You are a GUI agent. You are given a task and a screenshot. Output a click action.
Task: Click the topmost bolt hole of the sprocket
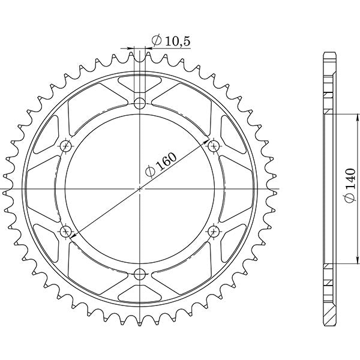coord(140,103)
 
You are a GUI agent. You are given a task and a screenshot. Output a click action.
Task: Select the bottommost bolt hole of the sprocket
coord(140,275)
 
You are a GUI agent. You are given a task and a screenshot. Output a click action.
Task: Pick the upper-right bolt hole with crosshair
coord(214,146)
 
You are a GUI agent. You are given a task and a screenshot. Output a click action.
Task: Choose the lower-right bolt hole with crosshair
coord(214,232)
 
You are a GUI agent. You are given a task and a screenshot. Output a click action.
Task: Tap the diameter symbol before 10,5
coord(155,41)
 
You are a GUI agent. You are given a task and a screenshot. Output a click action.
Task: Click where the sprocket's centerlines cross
coord(140,189)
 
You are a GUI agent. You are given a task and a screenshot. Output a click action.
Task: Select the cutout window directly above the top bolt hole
coord(140,82)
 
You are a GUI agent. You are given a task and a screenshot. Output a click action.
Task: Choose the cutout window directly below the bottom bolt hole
coord(140,295)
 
